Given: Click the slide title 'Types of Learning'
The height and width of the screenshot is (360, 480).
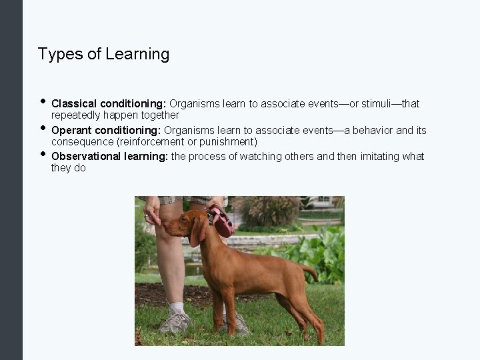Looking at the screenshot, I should coord(103,54).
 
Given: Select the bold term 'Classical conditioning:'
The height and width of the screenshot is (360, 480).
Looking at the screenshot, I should coord(109,104).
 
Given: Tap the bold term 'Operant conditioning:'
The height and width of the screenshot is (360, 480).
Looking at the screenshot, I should coord(106,130).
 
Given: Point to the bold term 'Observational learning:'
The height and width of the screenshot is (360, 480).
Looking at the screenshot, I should coord(110,156).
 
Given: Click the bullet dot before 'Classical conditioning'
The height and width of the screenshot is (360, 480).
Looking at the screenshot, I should coord(42,102).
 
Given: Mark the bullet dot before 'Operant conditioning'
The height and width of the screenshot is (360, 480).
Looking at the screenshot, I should coord(42,128).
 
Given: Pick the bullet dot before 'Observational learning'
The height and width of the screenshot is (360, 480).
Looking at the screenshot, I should coord(42,154).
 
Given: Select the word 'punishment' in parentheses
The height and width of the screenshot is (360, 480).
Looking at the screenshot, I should coord(228,142).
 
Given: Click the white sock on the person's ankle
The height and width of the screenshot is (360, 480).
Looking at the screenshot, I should coord(177,308).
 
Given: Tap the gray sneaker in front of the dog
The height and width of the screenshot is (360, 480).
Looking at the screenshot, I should coord(175,323).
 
